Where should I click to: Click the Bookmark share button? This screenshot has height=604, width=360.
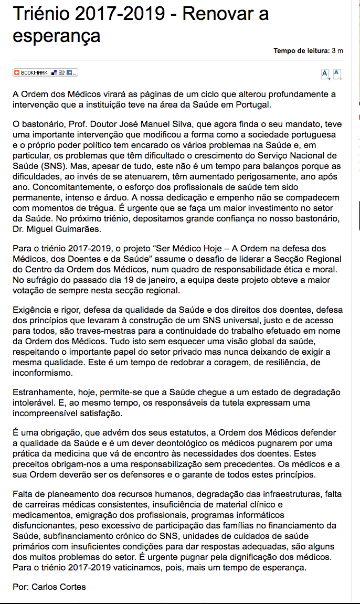tap(45, 72)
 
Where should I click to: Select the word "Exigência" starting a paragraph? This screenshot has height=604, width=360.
tap(33, 311)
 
